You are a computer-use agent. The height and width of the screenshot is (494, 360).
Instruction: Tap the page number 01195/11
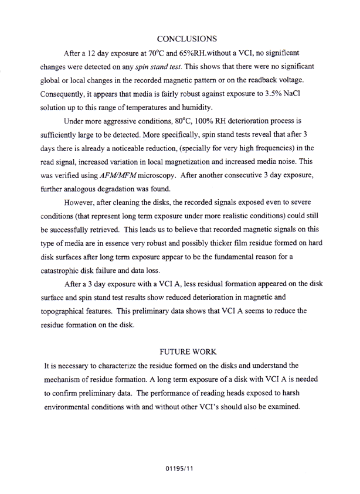(179, 469)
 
